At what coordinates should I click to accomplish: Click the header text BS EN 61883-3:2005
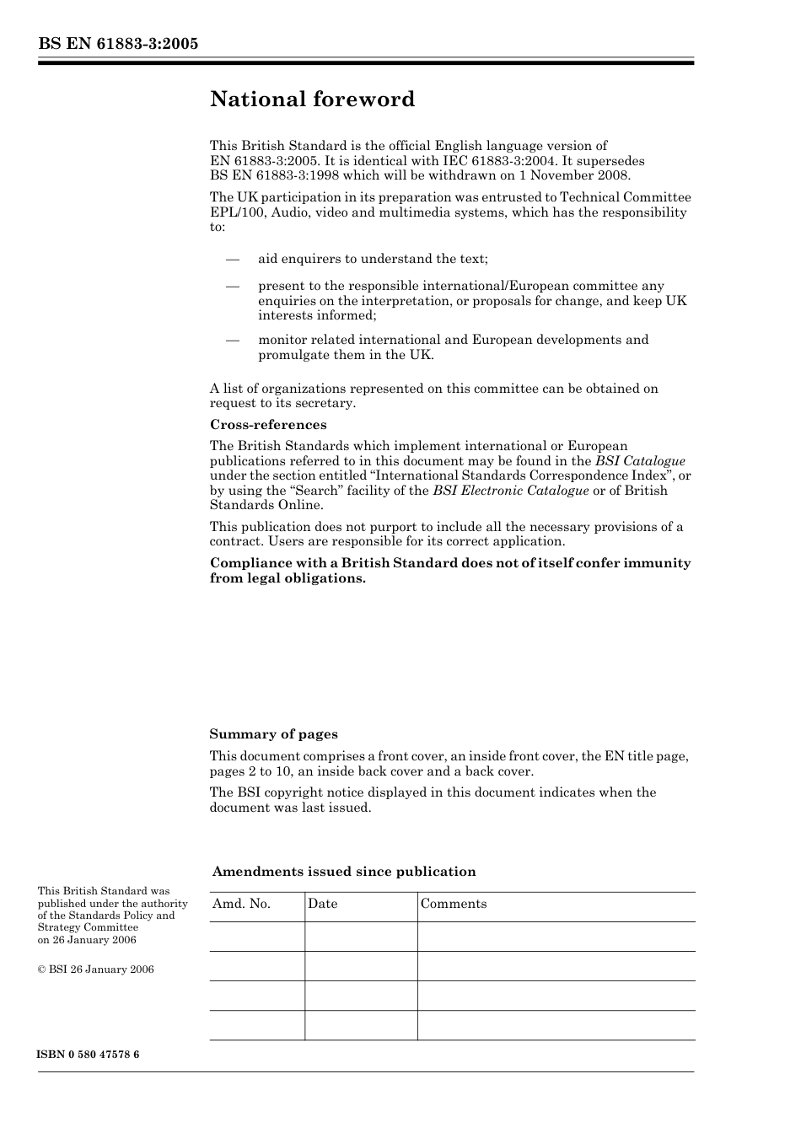coord(118,44)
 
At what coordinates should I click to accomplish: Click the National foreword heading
coord(312,99)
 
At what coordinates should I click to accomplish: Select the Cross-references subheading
coord(268,425)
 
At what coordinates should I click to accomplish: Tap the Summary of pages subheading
coord(273,734)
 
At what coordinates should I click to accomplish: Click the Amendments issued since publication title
coord(344,872)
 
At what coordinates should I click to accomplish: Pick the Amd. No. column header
coord(241,904)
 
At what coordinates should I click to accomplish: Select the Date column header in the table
coord(322,904)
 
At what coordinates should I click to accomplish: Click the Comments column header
coord(454,904)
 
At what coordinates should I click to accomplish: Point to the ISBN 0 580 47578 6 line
coord(89,1055)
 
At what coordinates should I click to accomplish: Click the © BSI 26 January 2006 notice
coord(95,969)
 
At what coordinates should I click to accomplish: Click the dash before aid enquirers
coord(233,259)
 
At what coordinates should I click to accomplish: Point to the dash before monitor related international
coord(233,340)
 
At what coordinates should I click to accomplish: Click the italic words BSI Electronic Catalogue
coord(510,491)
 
